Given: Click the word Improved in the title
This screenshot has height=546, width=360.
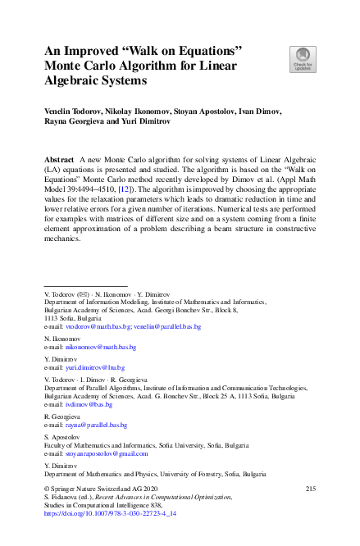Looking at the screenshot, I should pos(94,51).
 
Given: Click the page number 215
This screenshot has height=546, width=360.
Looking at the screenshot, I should pos(310,489).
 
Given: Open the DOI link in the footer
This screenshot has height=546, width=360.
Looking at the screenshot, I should pos(107,512).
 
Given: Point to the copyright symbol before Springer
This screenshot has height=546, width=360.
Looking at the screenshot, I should pos(47,489).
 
